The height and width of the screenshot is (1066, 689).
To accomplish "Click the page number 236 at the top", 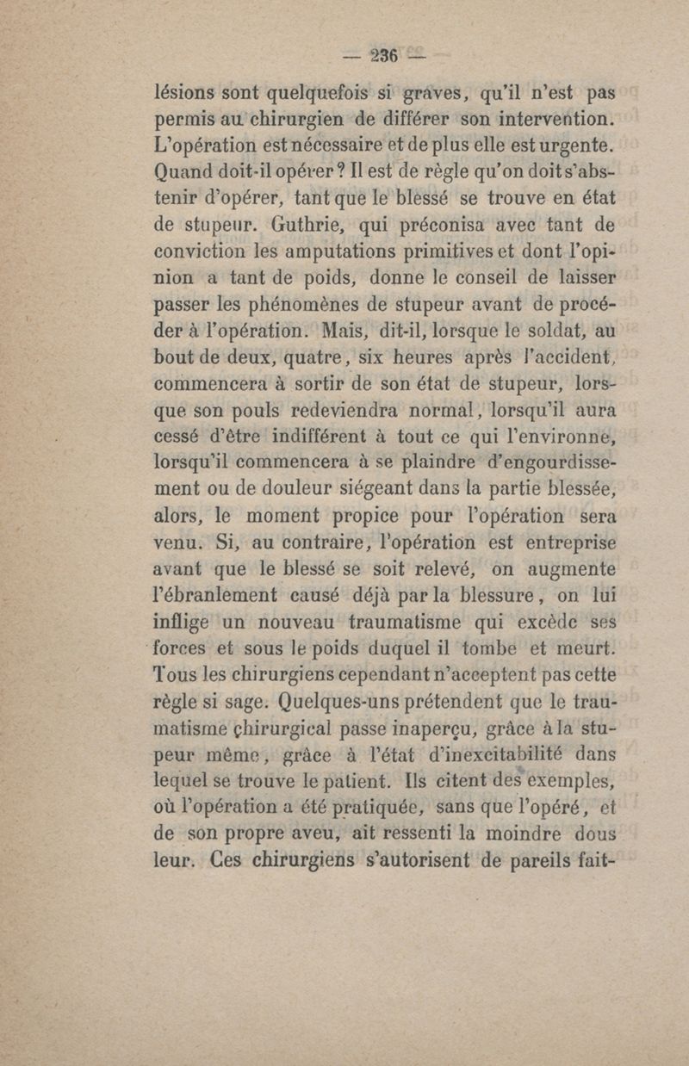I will coord(378,57).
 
